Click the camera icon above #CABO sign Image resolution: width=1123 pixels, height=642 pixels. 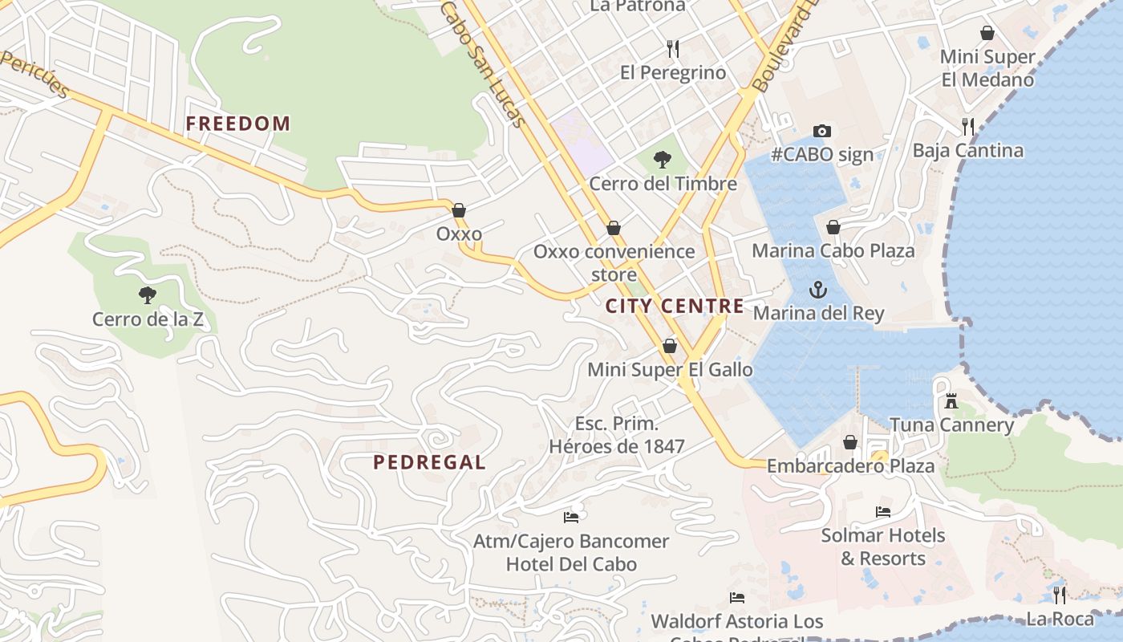coord(821,131)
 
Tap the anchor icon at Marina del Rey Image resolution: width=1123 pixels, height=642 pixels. coord(817,290)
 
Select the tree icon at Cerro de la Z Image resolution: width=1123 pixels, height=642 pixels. coord(147,295)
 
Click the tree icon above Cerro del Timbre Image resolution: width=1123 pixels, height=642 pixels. coord(663,160)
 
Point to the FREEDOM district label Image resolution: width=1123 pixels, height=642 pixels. coord(237,124)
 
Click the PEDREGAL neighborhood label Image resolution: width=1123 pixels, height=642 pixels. coord(429,462)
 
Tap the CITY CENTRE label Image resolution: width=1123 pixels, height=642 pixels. coord(674,306)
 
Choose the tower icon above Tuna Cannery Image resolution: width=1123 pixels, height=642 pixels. coord(951,400)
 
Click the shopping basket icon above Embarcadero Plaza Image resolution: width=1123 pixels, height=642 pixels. coord(850,442)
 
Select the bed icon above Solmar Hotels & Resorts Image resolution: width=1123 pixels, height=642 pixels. coord(882,511)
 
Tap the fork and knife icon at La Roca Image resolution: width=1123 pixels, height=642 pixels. coord(1060,595)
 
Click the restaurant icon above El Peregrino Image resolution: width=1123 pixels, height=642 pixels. coord(673,49)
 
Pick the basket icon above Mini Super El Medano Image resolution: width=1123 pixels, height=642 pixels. coord(987,33)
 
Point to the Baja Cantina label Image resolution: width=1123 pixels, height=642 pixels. coord(967,151)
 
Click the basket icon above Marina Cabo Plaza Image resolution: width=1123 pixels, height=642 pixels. coord(833,227)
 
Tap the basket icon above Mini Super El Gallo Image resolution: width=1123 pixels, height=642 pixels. coord(670,346)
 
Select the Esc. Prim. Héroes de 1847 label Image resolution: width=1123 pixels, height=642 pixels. coord(617,435)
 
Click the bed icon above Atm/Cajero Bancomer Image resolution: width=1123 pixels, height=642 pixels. coord(571,517)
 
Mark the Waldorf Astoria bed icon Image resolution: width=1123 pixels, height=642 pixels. coord(736,598)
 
